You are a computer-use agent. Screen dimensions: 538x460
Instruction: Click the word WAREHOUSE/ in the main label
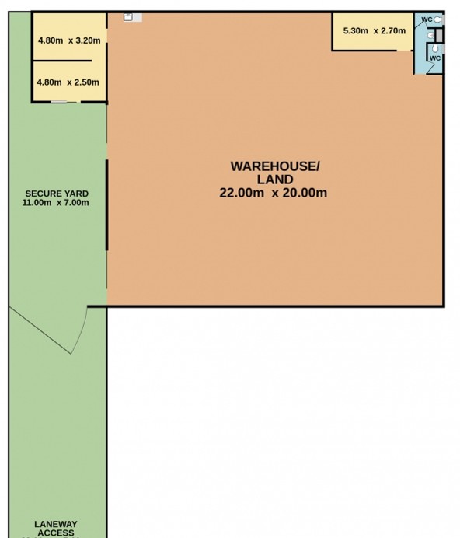tap(274, 166)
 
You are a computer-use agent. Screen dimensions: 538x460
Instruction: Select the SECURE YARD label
tap(56, 194)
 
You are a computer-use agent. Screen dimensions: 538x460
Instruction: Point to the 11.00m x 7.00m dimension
tap(56, 203)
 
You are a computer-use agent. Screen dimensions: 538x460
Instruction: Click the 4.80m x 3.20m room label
tap(69, 41)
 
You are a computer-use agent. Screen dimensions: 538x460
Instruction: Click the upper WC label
tap(427, 19)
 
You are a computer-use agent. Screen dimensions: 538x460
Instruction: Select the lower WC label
tap(435, 58)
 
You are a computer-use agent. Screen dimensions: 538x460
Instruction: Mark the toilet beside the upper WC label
tap(438, 19)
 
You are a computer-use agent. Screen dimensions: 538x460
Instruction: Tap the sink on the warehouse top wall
tap(133, 16)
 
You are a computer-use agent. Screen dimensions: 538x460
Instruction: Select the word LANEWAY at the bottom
tap(56, 525)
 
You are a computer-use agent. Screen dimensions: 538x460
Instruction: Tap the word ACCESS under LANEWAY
tap(56, 533)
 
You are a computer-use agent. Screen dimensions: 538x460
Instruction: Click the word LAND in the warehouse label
tap(274, 180)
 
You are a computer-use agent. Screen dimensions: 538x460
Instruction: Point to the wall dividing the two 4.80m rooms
tap(68, 61)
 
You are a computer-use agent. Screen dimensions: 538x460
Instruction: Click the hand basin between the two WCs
tap(430, 34)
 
